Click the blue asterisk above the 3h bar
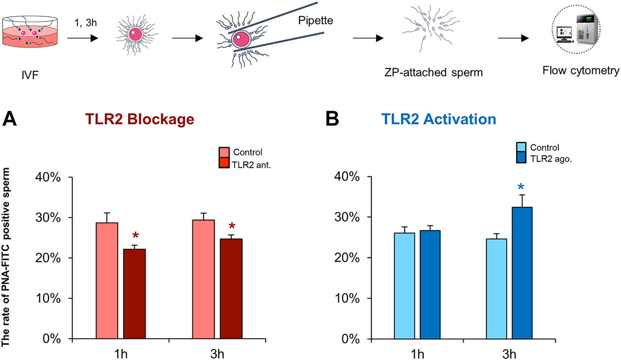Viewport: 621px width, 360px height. pyautogui.click(x=522, y=187)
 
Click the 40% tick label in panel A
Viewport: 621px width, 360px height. pyautogui.click(x=48, y=177)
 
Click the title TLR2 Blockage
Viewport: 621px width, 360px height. pyautogui.click(x=140, y=119)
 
